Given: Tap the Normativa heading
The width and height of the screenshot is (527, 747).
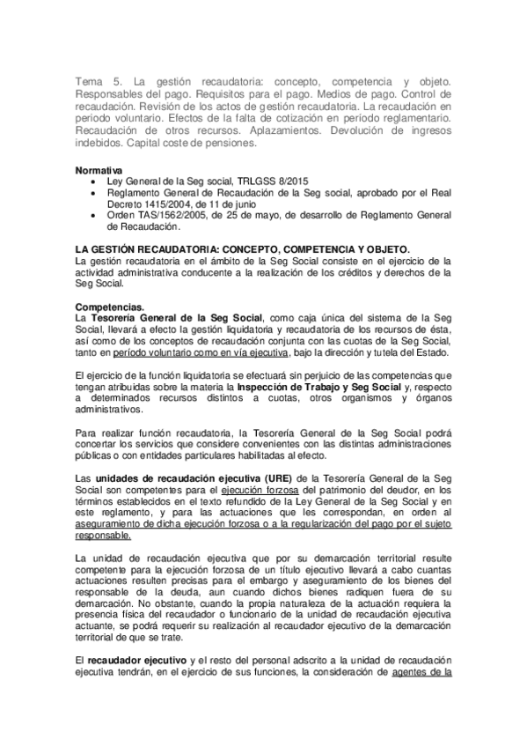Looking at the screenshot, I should click(99, 168).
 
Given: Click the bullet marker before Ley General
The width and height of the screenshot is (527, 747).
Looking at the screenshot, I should click(94, 180).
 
